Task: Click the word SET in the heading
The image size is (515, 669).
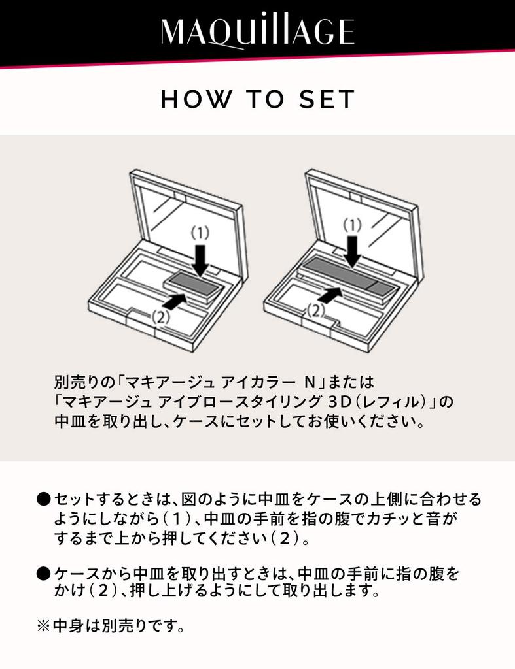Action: [327, 99]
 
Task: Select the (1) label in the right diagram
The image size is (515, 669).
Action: [353, 225]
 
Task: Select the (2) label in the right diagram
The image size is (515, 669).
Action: [316, 310]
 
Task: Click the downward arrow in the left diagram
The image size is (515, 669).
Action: [202, 259]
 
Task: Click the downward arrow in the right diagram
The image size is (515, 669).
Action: [353, 251]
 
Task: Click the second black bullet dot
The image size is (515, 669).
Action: [43, 574]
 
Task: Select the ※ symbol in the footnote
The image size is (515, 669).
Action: [43, 627]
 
